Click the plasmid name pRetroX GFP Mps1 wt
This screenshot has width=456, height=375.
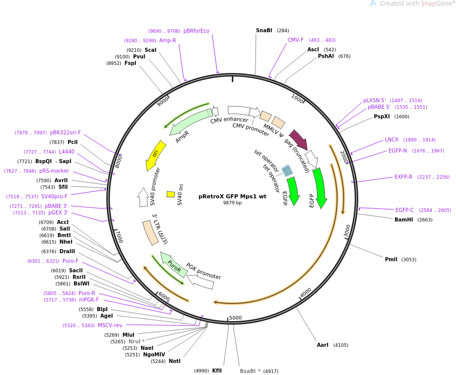pyautogui.click(x=232, y=196)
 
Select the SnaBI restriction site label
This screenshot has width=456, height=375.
pyautogui.click(x=264, y=31)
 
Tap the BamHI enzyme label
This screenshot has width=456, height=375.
pyautogui.click(x=404, y=219)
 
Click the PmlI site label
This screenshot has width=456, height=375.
pyautogui.click(x=391, y=259)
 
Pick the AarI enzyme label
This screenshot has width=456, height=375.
pyautogui.click(x=322, y=345)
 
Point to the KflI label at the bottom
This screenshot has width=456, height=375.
pyautogui.click(x=217, y=370)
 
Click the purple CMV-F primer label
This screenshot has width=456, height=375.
pyautogui.click(x=295, y=40)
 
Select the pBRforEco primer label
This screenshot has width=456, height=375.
pyautogui.click(x=197, y=31)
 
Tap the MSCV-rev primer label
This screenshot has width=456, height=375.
pyautogui.click(x=110, y=325)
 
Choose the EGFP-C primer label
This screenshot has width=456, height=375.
pyautogui.click(x=405, y=210)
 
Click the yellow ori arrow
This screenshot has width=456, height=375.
pyautogui.click(x=155, y=155)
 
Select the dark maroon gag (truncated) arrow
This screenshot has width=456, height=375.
pyautogui.click(x=299, y=139)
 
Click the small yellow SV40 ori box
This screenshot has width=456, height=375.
pyautogui.click(x=171, y=194)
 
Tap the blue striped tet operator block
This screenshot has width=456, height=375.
pyautogui.click(x=287, y=171)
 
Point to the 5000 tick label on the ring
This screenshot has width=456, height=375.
pyautogui.click(x=236, y=318)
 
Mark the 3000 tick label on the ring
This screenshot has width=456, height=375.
pyautogui.click(x=347, y=231)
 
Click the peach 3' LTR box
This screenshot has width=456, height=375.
pyautogui.click(x=150, y=233)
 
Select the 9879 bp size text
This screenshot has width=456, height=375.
pyautogui.click(x=232, y=203)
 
